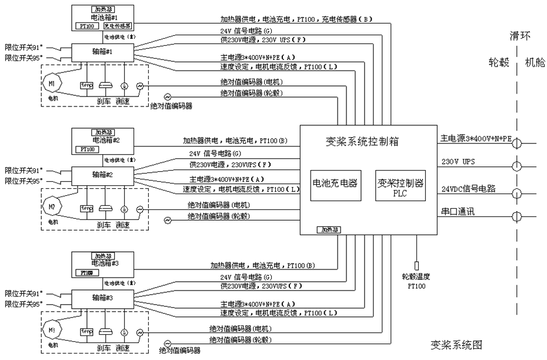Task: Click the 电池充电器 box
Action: [x=334, y=184]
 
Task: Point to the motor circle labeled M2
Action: [x=52, y=207]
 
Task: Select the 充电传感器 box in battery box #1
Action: [x=118, y=26]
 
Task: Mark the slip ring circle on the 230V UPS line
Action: [x=516, y=166]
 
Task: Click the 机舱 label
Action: [x=535, y=62]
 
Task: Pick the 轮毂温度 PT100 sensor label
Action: [x=417, y=280]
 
